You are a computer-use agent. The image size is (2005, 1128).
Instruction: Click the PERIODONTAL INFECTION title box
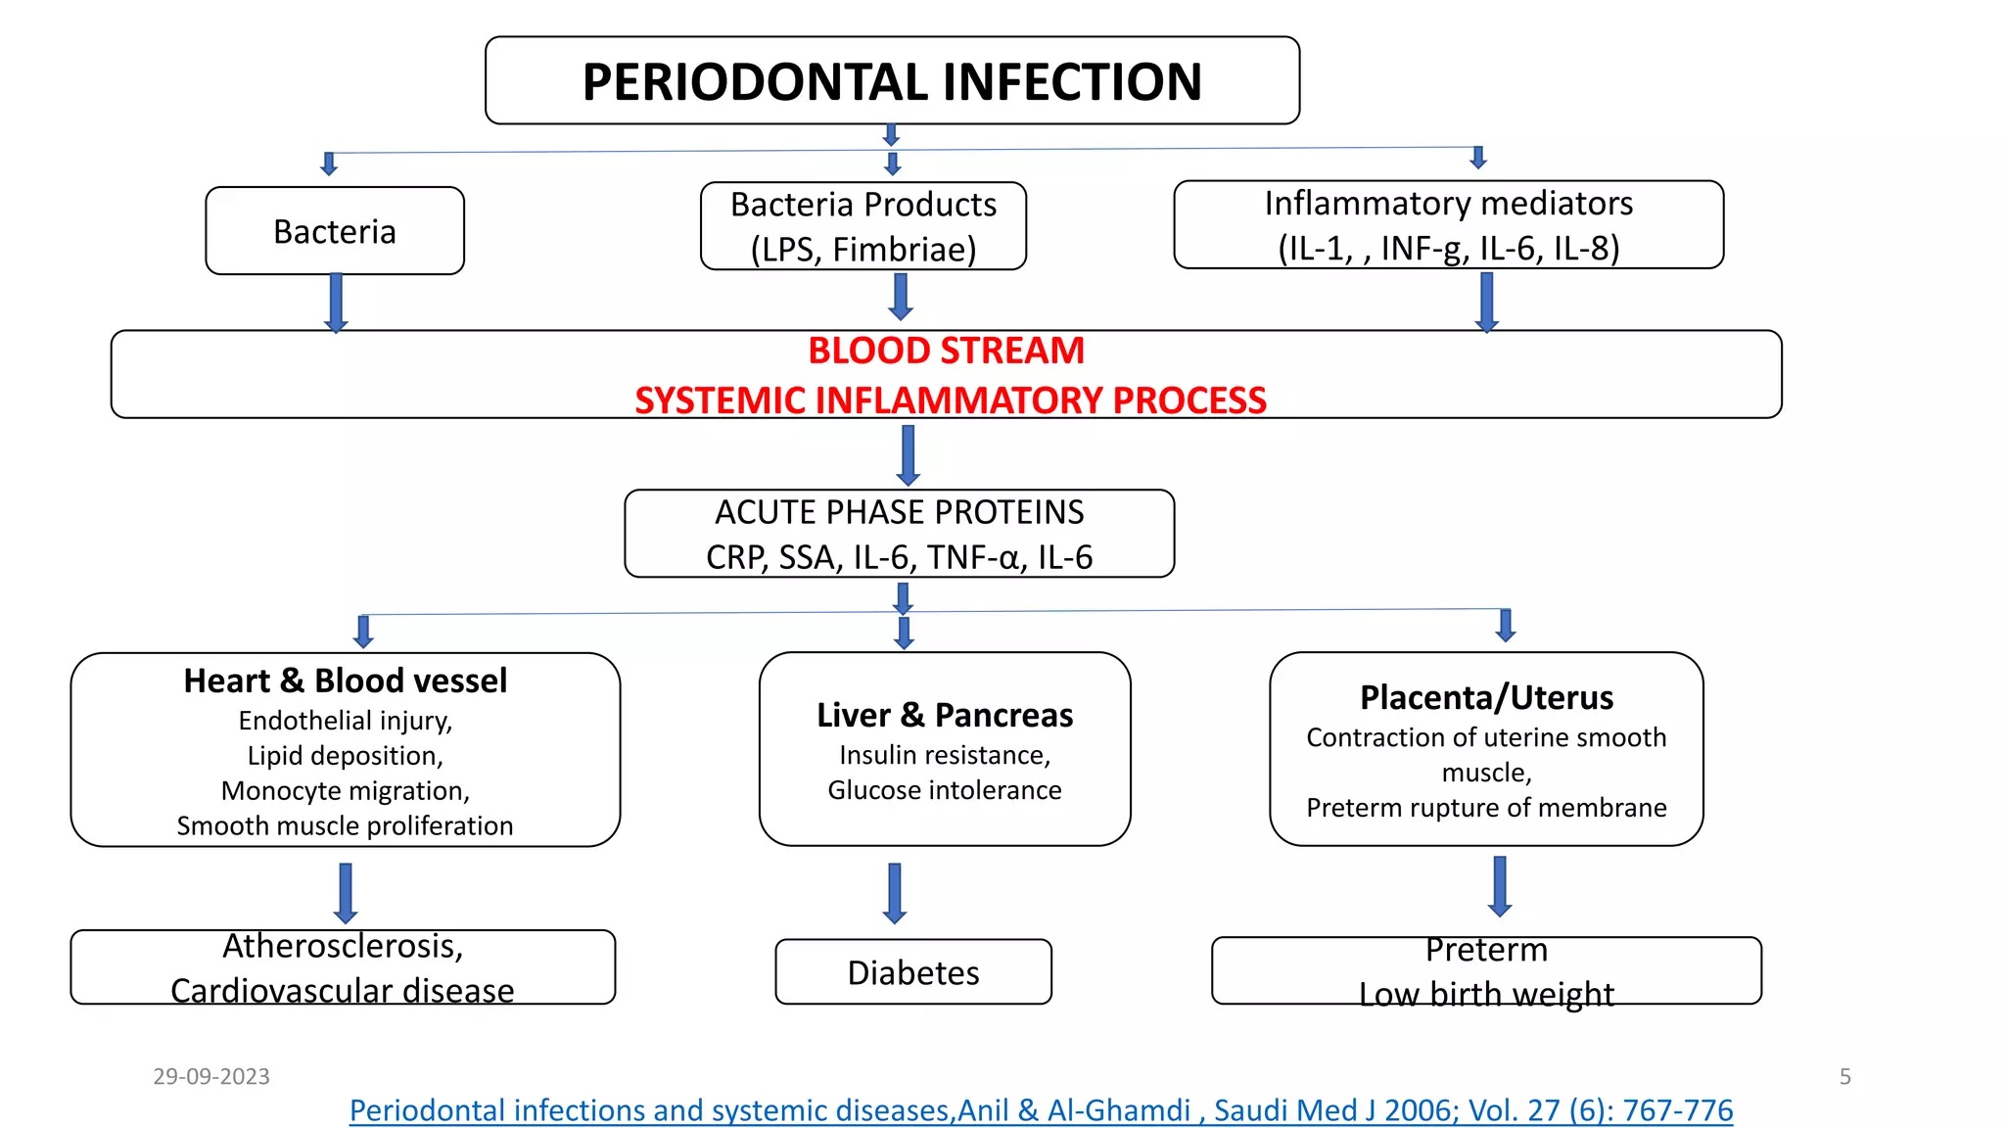892,81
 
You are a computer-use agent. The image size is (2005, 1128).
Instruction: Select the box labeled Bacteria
335,231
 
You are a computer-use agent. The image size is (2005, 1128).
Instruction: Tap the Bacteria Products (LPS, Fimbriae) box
863,226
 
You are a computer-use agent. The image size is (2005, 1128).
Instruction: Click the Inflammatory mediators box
1448,225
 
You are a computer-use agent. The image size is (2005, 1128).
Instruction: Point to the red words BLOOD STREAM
946,351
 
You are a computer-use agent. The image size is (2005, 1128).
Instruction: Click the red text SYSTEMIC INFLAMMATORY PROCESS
950,400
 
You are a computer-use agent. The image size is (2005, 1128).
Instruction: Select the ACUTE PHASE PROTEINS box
899,534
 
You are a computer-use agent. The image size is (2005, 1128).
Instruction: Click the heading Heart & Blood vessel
346,681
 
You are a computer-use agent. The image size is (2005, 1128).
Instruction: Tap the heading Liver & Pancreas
945,715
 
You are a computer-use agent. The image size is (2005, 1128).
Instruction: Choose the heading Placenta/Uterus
1486,697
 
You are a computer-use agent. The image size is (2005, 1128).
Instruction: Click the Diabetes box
912,972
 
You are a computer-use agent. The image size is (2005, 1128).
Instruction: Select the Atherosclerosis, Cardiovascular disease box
343,967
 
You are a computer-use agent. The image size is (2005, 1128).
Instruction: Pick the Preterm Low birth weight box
1486,971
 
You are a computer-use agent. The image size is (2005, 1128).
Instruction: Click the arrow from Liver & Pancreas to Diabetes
894,892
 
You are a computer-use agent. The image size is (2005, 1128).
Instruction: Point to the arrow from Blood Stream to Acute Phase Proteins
909,454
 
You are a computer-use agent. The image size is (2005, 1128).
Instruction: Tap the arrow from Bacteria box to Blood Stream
336,302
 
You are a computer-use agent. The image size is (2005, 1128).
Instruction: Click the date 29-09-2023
211,1076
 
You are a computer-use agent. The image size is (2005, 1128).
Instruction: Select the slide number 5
1844,1076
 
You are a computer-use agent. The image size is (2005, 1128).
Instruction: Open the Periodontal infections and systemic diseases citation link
1041,1110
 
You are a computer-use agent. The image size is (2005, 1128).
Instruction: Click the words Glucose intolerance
945,790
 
